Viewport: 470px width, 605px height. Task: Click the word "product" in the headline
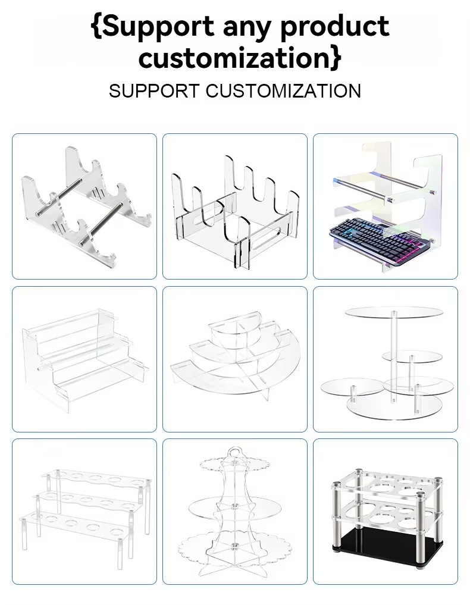coord(334,27)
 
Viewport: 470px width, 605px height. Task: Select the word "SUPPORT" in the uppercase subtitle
coord(154,91)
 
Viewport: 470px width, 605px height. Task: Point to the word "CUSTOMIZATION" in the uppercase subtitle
coord(283,91)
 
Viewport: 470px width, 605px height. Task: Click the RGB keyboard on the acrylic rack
coord(380,236)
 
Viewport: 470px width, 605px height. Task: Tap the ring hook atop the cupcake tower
coord(234,453)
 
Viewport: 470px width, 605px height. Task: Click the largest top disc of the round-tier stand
coord(394,311)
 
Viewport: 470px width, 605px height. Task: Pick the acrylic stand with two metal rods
coord(86,205)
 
